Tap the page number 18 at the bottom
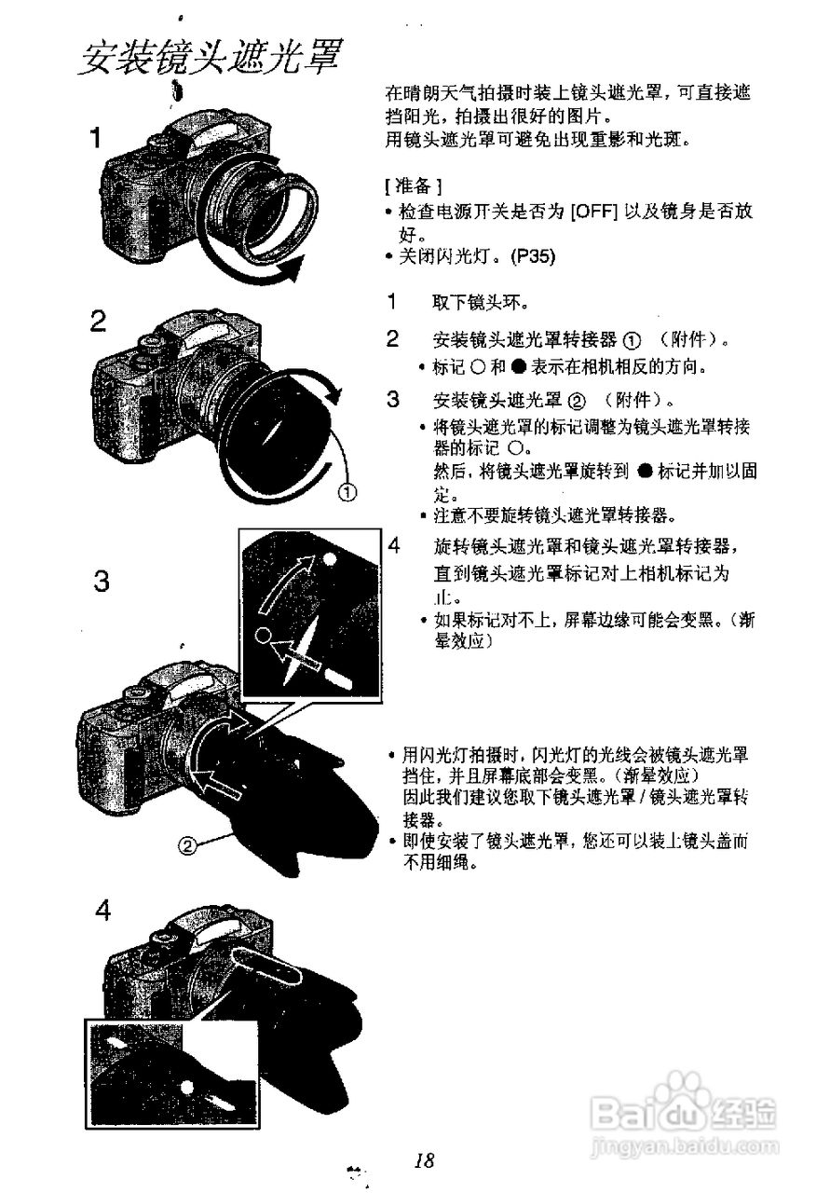click(425, 1160)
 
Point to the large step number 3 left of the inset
click(102, 583)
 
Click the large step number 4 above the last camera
click(102, 911)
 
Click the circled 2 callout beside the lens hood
click(189, 845)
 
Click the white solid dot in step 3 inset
click(332, 560)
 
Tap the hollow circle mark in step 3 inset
click(264, 636)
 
